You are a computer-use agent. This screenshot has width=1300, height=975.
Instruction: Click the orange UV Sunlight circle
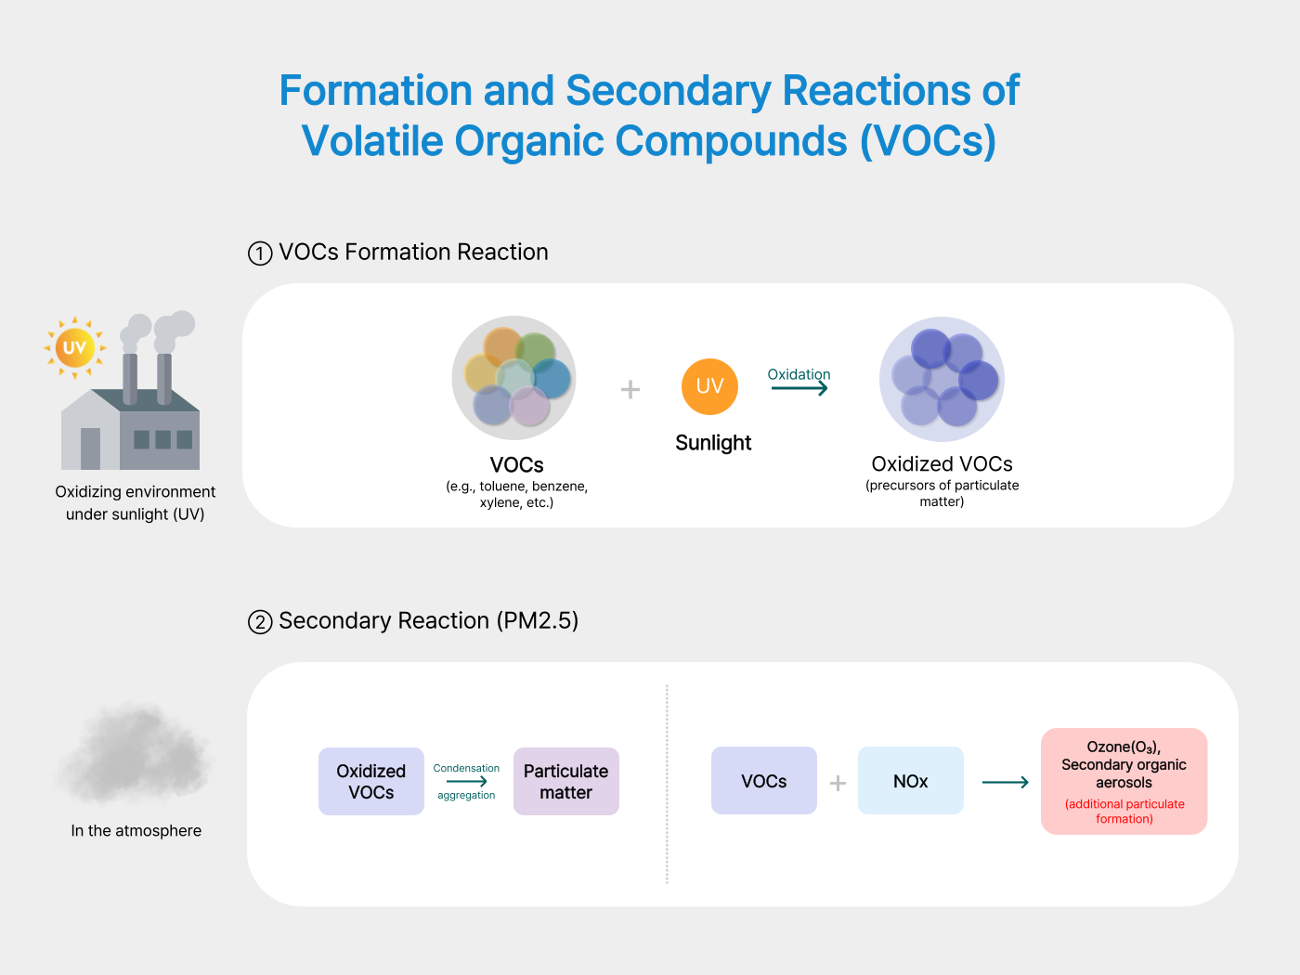coord(709,386)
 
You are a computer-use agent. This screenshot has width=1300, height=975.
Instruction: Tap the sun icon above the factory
coord(74,348)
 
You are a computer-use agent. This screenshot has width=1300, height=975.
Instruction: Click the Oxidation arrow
coord(799,388)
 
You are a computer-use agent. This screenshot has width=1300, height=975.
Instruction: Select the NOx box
coord(910,781)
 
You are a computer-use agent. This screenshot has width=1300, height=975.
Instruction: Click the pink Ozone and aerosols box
coord(1124,781)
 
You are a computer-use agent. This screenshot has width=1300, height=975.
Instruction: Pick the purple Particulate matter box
coord(565,781)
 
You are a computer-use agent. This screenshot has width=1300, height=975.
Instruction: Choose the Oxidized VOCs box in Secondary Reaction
coord(370,781)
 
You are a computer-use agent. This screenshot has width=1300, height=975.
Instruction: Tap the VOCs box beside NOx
coord(763,781)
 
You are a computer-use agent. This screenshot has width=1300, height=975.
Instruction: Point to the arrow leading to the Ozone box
coord(1005,782)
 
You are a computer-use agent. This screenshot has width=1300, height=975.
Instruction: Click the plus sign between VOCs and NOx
coord(838,783)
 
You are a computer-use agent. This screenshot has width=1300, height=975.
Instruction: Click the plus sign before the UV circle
coord(630,389)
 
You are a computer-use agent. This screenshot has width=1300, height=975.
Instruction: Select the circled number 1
coord(260,253)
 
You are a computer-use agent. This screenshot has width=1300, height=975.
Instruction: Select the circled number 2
coord(260,622)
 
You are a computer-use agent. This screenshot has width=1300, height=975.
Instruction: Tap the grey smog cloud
coord(135,752)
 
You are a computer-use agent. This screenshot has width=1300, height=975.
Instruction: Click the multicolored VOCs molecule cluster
coord(514,378)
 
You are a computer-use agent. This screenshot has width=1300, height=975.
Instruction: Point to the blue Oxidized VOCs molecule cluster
coord(942,379)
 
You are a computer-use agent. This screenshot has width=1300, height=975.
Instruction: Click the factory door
coord(90,448)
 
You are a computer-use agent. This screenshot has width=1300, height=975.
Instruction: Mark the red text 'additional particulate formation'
coord(1124,812)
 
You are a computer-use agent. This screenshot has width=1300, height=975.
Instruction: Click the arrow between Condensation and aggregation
coord(466,782)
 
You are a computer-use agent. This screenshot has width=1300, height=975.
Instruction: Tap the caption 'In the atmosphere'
coord(136,831)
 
